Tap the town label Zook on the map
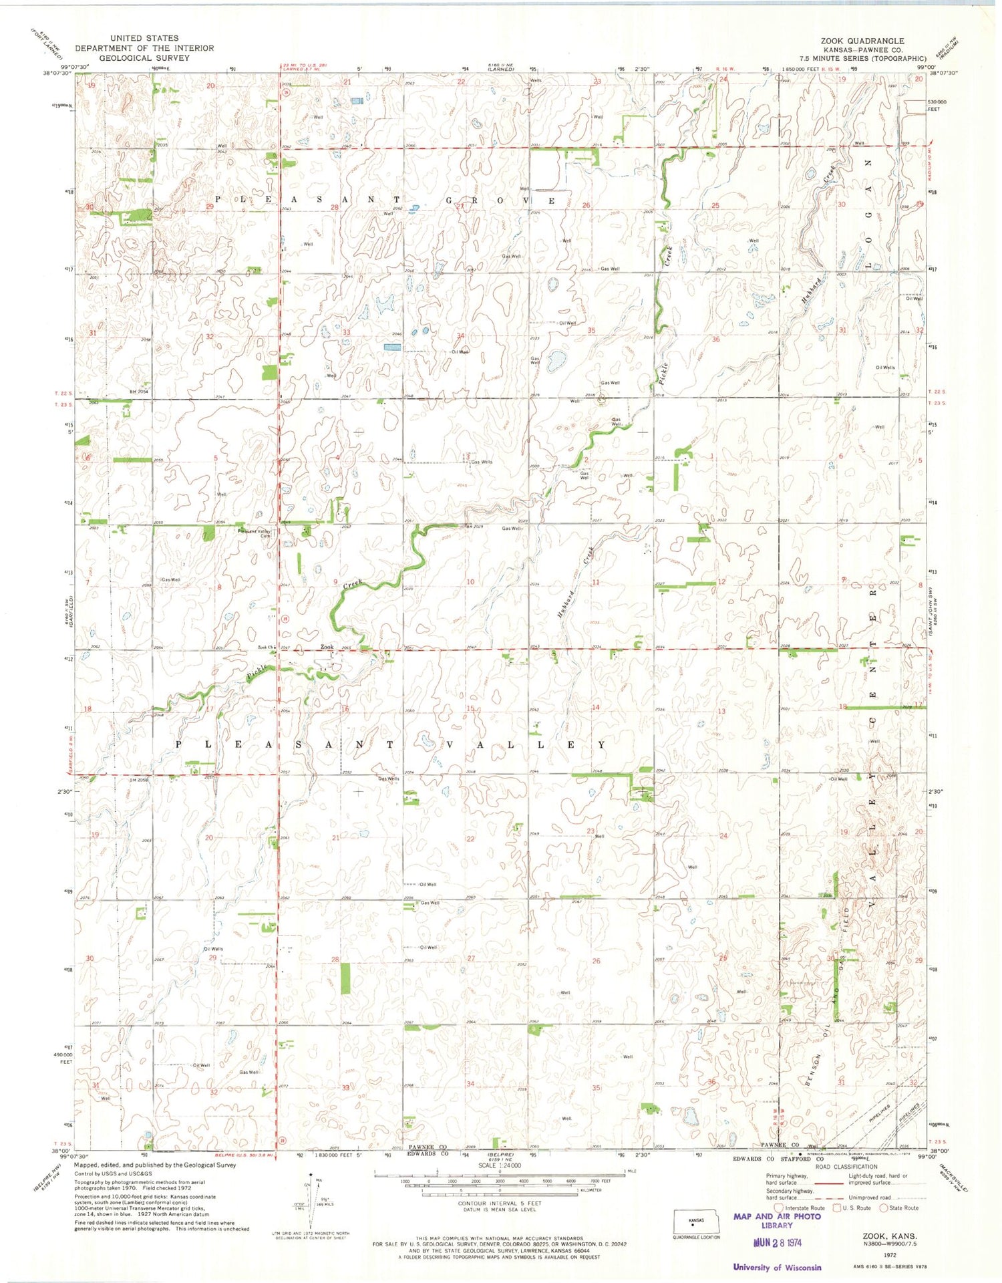[x=327, y=647]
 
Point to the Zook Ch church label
[x=267, y=648]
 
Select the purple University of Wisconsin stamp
[x=777, y=1268]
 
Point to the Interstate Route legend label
[x=805, y=1208]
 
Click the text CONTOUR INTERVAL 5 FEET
[x=500, y=1203]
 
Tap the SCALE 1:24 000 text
[x=500, y=1166]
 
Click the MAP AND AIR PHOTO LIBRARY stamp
[x=777, y=1221]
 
